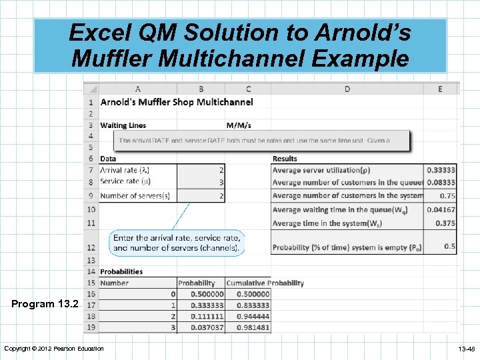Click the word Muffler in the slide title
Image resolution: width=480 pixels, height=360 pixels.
pyautogui.click(x=111, y=58)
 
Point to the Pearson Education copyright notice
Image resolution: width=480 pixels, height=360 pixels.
pyautogui.click(x=54, y=349)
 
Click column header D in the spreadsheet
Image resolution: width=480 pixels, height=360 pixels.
pyautogui.click(x=347, y=89)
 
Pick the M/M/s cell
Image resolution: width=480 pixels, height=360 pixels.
pyautogui.click(x=239, y=125)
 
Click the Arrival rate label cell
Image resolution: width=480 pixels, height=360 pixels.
pyautogui.click(x=125, y=170)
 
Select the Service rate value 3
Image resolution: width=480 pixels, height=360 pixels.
pyautogui.click(x=221, y=182)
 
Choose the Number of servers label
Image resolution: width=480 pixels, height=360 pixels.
pyautogui.click(x=135, y=195)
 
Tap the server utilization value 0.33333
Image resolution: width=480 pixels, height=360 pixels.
pyautogui.click(x=441, y=170)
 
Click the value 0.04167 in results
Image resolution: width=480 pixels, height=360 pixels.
pyautogui.click(x=441, y=210)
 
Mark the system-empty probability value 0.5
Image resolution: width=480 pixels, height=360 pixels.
pyautogui.click(x=450, y=247)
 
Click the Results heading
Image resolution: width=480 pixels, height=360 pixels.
pyautogui.click(x=285, y=159)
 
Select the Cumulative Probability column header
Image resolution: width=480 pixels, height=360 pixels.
pyautogui.click(x=265, y=283)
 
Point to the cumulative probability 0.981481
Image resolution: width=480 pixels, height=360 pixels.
pyautogui.click(x=249, y=327)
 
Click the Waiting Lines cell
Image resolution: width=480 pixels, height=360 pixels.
pyautogui.click(x=123, y=125)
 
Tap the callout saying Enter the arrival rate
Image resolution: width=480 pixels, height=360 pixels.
pyautogui.click(x=177, y=242)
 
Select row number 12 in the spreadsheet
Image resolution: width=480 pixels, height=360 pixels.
pyautogui.click(x=90, y=247)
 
